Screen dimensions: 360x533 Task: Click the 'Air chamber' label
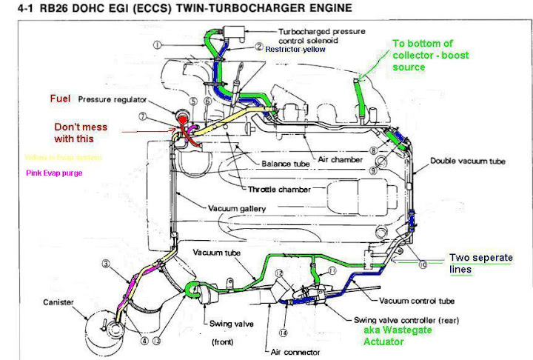click(342, 159)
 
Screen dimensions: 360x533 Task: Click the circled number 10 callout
click(423, 264)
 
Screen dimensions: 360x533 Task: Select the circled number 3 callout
click(107, 264)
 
